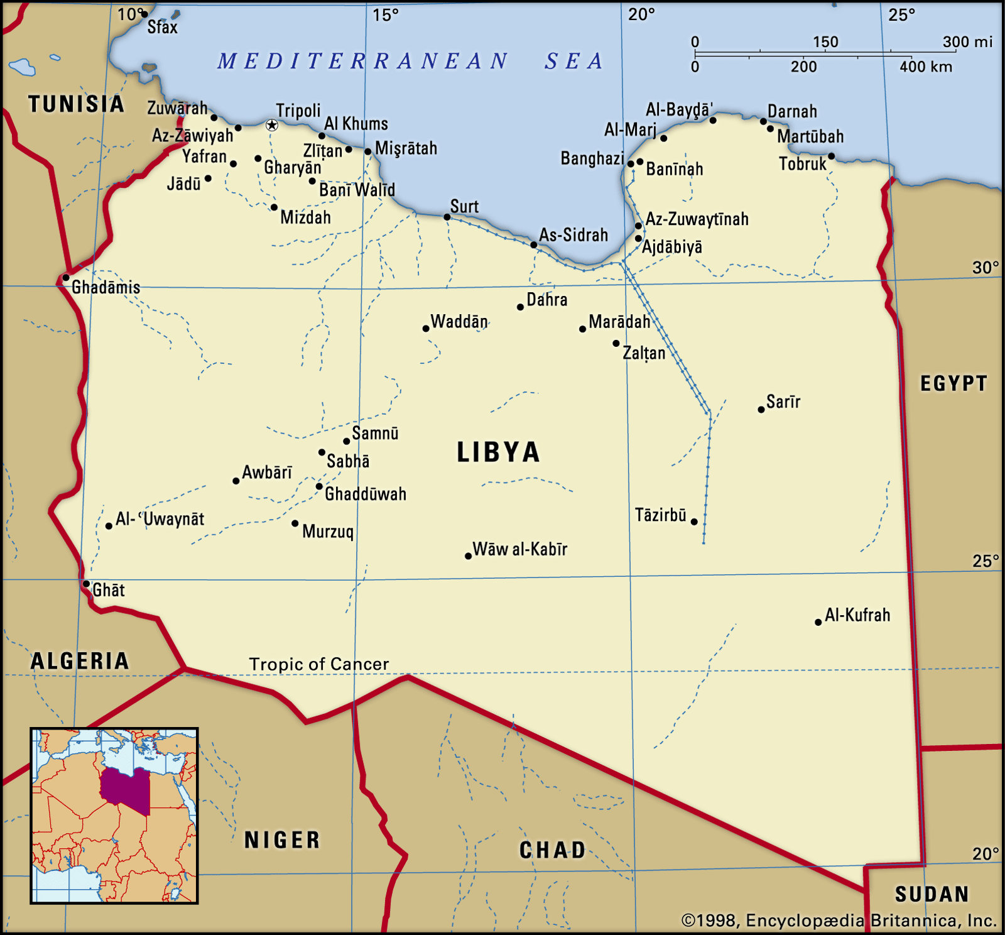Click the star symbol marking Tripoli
(x=271, y=125)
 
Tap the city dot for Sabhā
(x=322, y=452)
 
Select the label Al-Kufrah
(x=857, y=615)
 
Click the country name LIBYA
(x=498, y=452)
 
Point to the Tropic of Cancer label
(x=318, y=664)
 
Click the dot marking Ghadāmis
(x=66, y=278)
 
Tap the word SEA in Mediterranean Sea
(x=573, y=62)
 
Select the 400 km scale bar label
(x=925, y=67)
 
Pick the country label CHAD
(x=552, y=850)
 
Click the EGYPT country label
(x=953, y=383)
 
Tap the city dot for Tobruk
(x=831, y=156)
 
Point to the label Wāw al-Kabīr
(x=519, y=549)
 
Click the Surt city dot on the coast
(x=447, y=217)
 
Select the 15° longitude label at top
(x=385, y=15)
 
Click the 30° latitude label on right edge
(x=985, y=268)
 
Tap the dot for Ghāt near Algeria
(x=87, y=584)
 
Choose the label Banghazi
(x=592, y=158)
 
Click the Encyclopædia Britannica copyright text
(x=839, y=921)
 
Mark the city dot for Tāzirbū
(x=694, y=522)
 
